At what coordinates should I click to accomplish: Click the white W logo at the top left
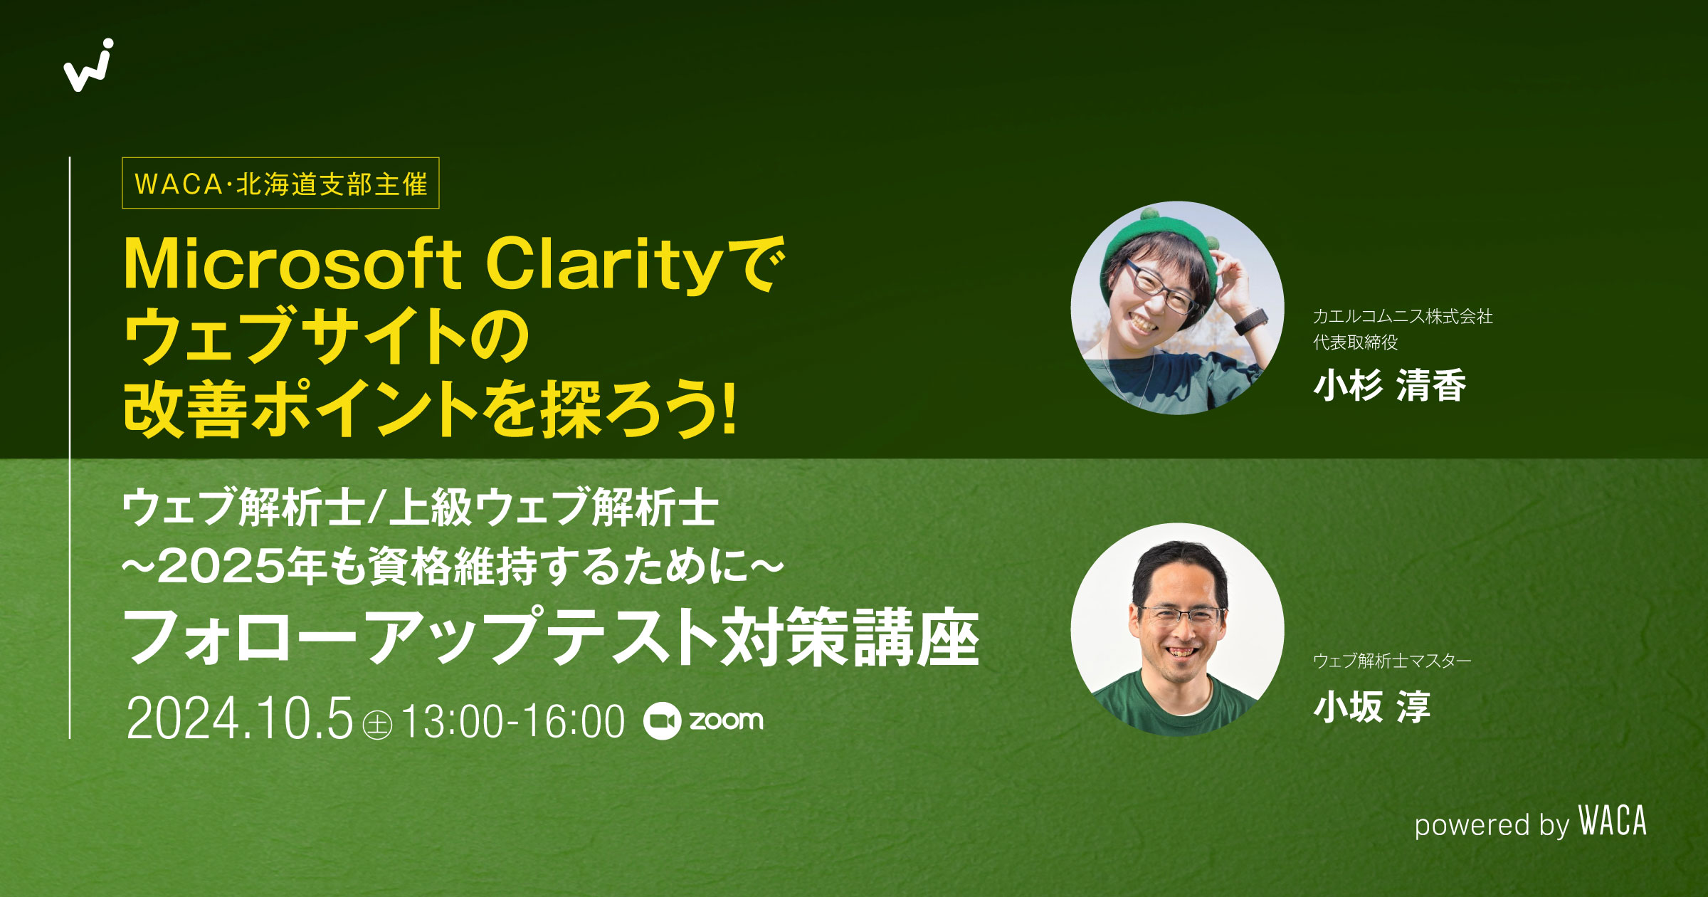point(88,67)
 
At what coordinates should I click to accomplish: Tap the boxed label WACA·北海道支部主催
point(280,184)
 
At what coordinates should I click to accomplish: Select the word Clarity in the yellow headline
point(605,266)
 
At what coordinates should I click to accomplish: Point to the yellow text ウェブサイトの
point(326,336)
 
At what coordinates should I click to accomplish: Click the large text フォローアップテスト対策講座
point(552,637)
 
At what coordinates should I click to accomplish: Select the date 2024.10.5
point(239,719)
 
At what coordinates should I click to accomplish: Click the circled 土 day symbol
point(377,725)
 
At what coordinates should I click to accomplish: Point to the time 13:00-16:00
point(513,721)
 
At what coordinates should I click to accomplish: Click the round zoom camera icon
point(662,721)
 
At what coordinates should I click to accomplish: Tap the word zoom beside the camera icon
point(726,720)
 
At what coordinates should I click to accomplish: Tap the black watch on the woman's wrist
point(1250,322)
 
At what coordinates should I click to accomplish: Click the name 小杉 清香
point(1389,386)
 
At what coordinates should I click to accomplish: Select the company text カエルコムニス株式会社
point(1402,317)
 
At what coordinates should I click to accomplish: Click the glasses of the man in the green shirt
point(1181,614)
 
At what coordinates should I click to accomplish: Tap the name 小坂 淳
point(1371,708)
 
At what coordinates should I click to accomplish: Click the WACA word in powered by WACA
point(1613,822)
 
